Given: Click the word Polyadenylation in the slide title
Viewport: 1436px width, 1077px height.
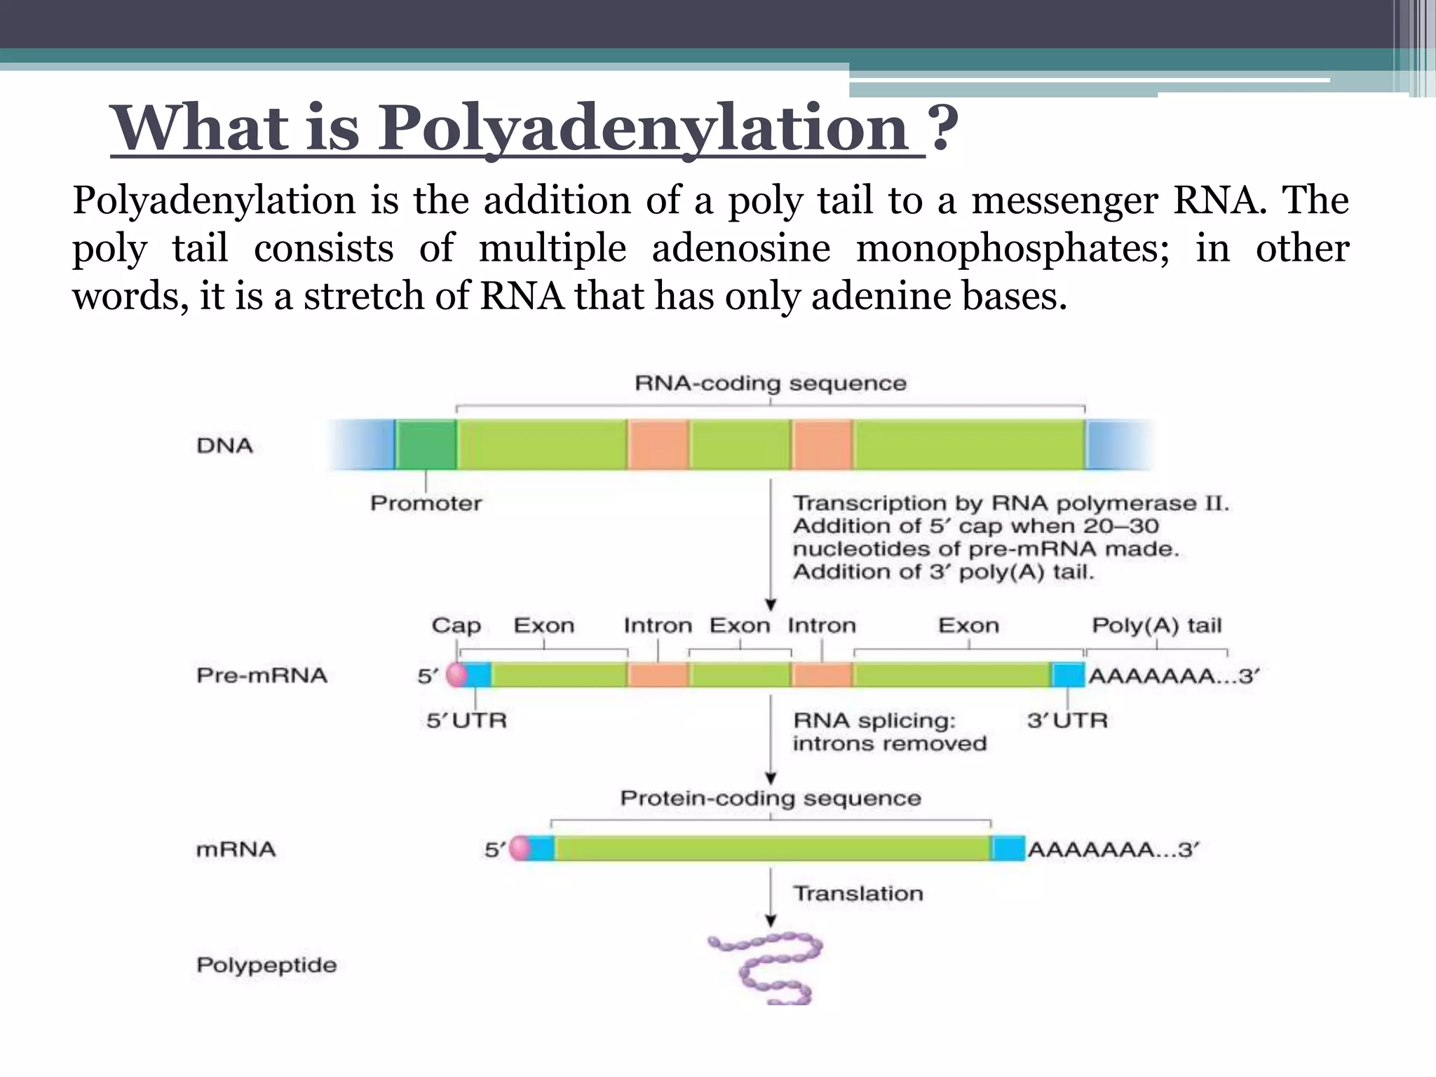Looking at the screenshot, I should [x=644, y=128].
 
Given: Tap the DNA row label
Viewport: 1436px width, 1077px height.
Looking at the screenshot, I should [x=224, y=446].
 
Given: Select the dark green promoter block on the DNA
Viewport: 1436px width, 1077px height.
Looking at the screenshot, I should [x=426, y=445].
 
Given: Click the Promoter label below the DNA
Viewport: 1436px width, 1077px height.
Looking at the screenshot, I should [x=426, y=503].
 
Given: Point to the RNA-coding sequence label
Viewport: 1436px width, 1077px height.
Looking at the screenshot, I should [x=770, y=384].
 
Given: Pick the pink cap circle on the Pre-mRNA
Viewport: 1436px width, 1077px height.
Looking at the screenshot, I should [x=456, y=675].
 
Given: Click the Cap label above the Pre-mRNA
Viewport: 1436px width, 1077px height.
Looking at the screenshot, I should [x=456, y=625].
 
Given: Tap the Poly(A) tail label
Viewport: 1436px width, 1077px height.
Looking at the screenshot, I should [x=1156, y=625].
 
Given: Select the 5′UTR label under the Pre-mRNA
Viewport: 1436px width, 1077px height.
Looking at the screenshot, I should [x=466, y=721].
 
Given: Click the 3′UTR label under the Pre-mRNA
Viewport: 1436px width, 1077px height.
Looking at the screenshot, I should [x=1067, y=721].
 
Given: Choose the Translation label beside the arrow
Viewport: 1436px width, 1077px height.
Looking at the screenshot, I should [x=858, y=893].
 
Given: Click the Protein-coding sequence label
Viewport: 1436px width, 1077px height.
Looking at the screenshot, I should [x=770, y=799].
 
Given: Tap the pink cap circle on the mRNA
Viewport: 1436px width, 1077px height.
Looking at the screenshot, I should [x=520, y=848].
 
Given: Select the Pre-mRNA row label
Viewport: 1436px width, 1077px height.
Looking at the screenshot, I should [x=262, y=676].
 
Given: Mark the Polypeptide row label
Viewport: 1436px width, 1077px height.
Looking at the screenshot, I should [x=266, y=966].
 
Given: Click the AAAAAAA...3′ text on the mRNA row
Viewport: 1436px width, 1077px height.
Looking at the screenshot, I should [x=1113, y=850].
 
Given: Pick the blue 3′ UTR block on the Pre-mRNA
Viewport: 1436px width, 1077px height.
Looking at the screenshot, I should [x=1068, y=675].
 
